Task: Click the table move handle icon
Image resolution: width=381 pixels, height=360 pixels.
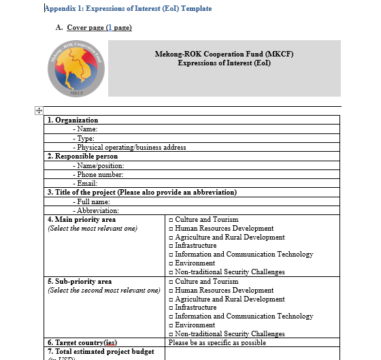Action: tap(39, 110)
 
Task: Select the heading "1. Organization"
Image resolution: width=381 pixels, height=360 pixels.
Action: tap(73, 120)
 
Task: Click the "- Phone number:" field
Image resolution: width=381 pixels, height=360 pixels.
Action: tap(100, 174)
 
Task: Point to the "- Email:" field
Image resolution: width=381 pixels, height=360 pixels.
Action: tap(88, 183)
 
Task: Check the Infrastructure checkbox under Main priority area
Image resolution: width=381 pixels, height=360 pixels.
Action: tap(171, 246)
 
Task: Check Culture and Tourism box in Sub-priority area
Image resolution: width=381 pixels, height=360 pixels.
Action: tap(171, 282)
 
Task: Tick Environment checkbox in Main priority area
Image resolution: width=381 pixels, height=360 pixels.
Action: tap(171, 263)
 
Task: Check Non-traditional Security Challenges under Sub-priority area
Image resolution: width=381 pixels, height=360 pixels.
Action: tap(171, 334)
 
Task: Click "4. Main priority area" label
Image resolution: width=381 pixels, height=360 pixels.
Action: tap(82, 220)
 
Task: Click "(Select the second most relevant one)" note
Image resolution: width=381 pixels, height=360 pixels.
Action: tap(103, 291)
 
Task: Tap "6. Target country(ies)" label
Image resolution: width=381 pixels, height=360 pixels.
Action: tap(82, 342)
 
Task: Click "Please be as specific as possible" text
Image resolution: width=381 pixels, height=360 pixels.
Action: tap(217, 342)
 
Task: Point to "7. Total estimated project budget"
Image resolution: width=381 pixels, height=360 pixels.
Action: tap(101, 351)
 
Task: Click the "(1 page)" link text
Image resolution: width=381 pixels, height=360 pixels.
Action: tap(118, 27)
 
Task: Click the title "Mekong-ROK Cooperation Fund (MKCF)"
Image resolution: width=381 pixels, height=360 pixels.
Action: tap(224, 54)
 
